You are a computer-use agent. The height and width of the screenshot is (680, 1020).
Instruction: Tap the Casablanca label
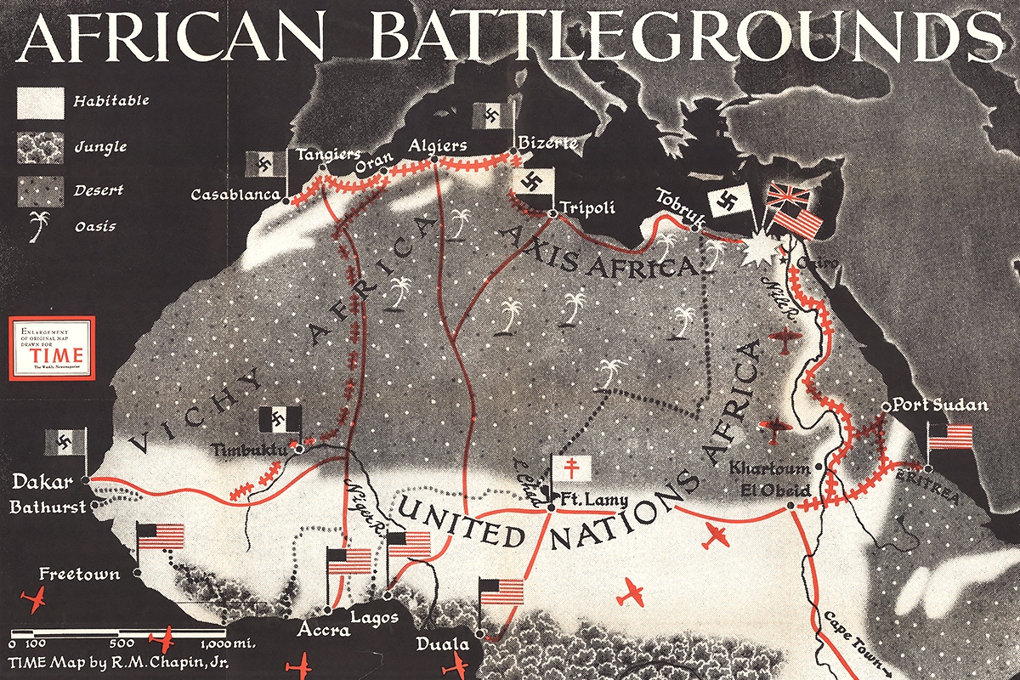coord(235,195)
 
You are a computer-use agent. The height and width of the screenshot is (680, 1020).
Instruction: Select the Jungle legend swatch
coord(40,147)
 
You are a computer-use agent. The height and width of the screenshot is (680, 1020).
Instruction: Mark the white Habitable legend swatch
coord(40,102)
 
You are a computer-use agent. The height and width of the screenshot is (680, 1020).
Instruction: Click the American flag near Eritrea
coord(949,436)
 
